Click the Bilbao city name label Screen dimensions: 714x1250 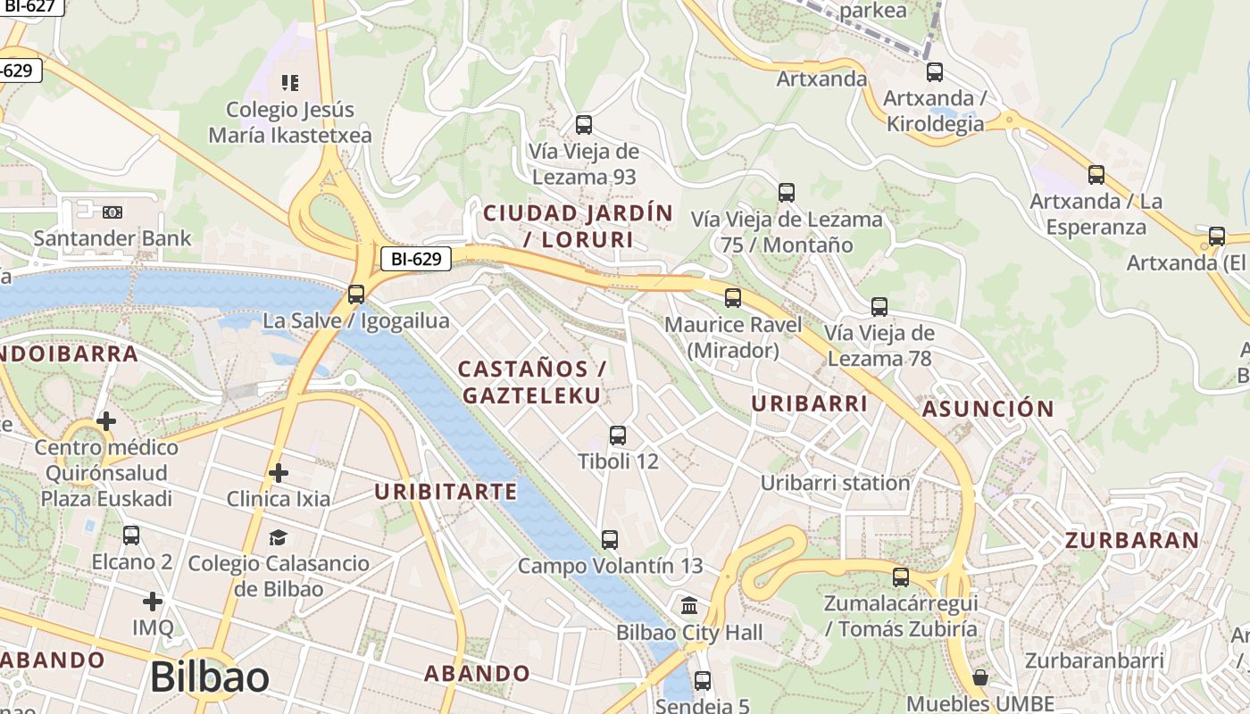(x=209, y=677)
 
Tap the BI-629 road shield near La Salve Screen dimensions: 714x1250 (x=416, y=259)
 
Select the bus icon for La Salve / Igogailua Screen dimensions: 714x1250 (x=356, y=294)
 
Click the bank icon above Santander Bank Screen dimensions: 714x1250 (x=112, y=212)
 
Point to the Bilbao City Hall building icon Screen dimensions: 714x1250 (x=689, y=607)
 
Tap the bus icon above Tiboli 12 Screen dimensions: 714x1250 (x=618, y=436)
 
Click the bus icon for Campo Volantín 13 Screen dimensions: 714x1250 (x=610, y=540)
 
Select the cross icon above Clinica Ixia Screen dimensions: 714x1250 (x=279, y=472)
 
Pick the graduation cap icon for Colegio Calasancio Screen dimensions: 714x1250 (x=279, y=537)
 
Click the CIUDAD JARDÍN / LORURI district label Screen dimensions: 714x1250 (x=578, y=227)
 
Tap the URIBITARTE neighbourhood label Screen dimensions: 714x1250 (x=446, y=492)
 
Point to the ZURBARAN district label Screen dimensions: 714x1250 (x=1131, y=540)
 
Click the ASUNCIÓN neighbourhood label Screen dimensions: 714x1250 (x=987, y=410)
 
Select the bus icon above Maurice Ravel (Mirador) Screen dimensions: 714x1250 (x=733, y=298)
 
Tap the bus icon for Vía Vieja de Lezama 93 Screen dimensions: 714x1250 (x=584, y=125)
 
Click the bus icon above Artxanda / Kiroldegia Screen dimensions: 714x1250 (x=935, y=72)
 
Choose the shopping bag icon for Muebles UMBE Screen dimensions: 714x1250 (x=980, y=677)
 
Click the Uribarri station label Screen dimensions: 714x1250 (x=835, y=483)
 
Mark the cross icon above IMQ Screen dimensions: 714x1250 (x=153, y=602)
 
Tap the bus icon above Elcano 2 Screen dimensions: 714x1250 (x=131, y=535)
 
